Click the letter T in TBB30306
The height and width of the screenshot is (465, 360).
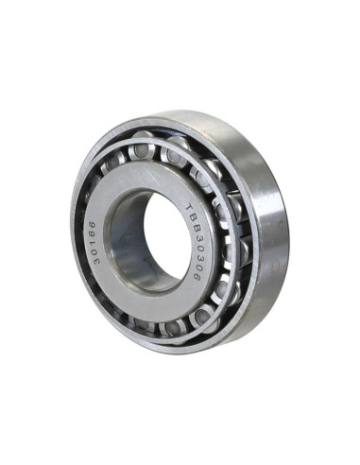189,208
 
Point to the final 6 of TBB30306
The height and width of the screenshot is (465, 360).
197,277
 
